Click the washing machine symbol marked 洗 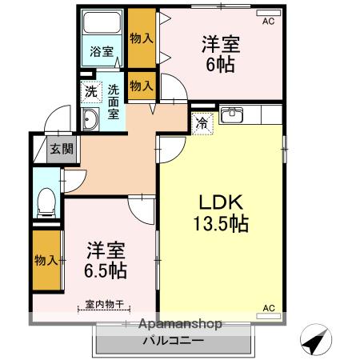tap(90, 91)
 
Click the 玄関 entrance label tap(58, 149)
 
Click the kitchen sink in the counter tap(233, 116)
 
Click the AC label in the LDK tap(270, 307)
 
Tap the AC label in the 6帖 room tap(267, 22)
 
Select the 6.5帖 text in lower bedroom tap(106, 270)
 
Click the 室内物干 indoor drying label tap(106, 304)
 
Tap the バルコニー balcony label tap(174, 341)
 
